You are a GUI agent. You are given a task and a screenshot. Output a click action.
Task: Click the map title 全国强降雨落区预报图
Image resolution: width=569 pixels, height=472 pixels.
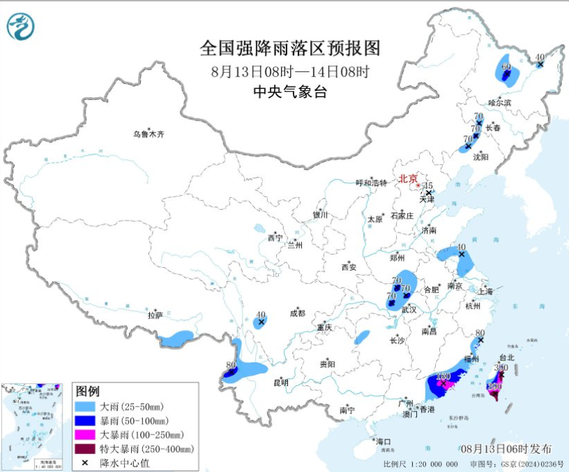[x=290, y=49]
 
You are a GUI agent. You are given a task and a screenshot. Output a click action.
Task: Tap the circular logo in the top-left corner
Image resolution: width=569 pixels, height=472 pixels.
[x=21, y=26]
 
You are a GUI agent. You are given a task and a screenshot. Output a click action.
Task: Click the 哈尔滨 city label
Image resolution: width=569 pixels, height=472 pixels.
[x=499, y=102]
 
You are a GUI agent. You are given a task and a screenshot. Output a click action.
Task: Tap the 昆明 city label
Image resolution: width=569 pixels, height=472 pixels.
[x=280, y=382]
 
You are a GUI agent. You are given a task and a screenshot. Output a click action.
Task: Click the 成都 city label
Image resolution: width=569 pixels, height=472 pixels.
[x=298, y=313]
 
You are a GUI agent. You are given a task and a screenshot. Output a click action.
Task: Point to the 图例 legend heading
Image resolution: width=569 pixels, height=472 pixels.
[x=87, y=391]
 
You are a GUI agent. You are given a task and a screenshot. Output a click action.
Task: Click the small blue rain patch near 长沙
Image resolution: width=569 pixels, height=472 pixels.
[x=362, y=338]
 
